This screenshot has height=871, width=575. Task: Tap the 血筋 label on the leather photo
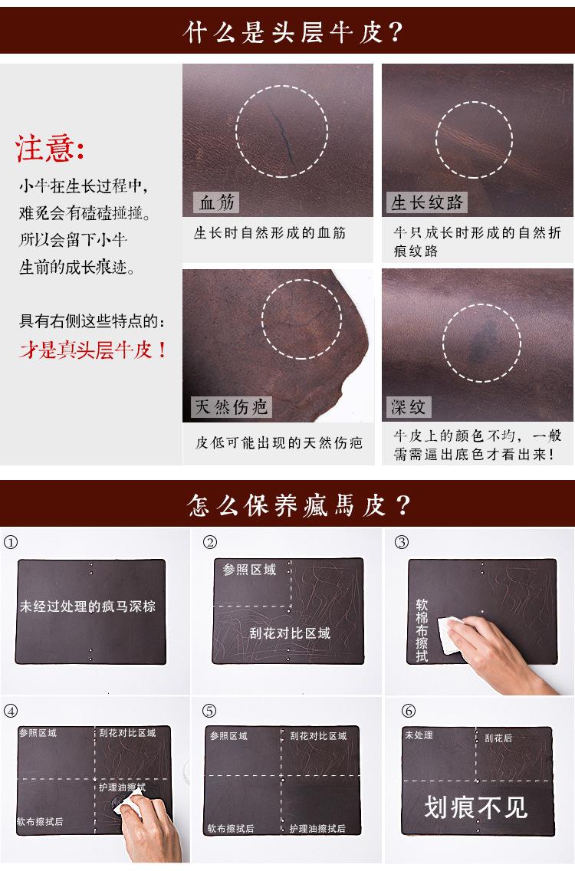[x=217, y=202]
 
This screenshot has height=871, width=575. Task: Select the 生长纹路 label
[x=427, y=202]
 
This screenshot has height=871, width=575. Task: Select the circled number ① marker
[x=10, y=542]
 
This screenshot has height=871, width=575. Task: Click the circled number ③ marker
[x=401, y=542]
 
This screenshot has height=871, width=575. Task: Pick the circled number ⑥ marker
[x=401, y=710]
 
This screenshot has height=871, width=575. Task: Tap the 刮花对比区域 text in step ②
[x=289, y=633]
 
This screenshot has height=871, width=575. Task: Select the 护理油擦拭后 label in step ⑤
[x=317, y=829]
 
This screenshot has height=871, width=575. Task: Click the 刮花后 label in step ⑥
[x=498, y=738]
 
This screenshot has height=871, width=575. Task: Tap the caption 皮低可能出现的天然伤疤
[x=278, y=443]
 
